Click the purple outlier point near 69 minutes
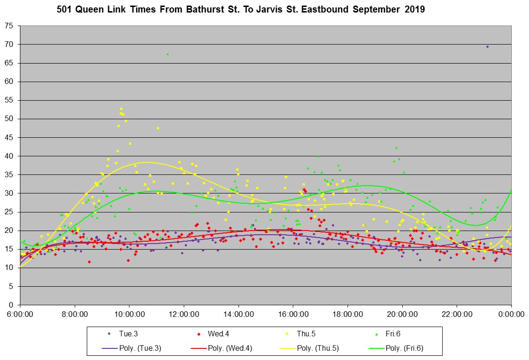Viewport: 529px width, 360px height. point(487,46)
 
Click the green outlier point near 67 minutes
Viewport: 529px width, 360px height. point(168,54)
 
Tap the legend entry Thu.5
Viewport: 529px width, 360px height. point(306,334)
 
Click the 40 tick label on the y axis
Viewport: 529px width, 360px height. point(10,156)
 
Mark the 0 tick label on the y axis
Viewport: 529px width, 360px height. point(12,305)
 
